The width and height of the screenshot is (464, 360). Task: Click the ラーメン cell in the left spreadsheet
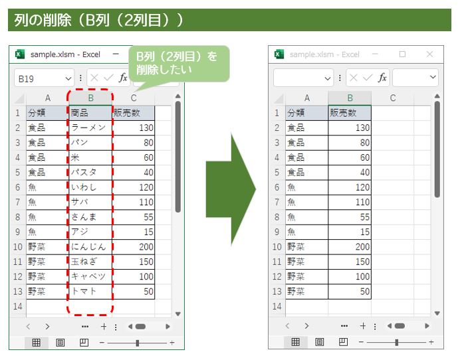(89, 128)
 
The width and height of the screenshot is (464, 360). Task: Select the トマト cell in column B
(89, 292)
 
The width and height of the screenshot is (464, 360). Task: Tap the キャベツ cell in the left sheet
(89, 276)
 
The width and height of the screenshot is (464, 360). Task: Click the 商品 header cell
(89, 113)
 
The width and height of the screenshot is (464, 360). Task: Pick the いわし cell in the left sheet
(89, 187)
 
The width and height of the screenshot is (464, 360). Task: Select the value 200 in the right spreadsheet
(349, 247)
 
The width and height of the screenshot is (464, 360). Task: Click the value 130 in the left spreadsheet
(134, 128)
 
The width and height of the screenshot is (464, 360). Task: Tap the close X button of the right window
(429, 54)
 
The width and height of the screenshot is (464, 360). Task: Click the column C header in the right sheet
(393, 98)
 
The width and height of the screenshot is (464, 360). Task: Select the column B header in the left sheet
(90, 98)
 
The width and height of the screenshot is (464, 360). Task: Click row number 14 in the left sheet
(17, 306)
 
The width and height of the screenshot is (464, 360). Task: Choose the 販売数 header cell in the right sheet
(349, 113)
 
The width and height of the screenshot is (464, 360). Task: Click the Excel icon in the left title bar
(20, 54)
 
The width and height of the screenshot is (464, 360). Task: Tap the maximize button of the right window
(402, 54)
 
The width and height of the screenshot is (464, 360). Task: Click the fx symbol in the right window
(382, 78)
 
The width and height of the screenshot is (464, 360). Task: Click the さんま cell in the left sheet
(89, 217)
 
